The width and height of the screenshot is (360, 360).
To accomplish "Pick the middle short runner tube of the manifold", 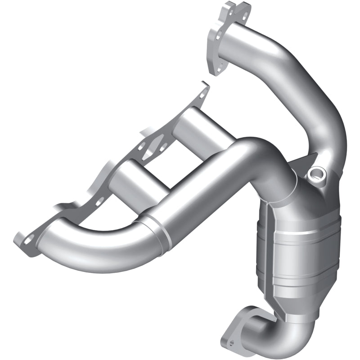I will (x=135, y=178).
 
